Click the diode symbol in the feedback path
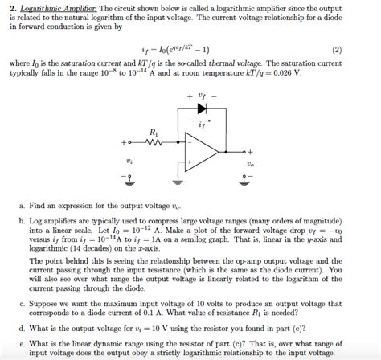point(201,108)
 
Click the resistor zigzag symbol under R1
point(154,145)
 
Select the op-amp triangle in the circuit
point(200,152)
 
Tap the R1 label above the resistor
point(154,133)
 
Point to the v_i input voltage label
point(130,162)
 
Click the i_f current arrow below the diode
point(201,121)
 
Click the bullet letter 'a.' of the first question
point(21,207)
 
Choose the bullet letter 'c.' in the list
point(21,305)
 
